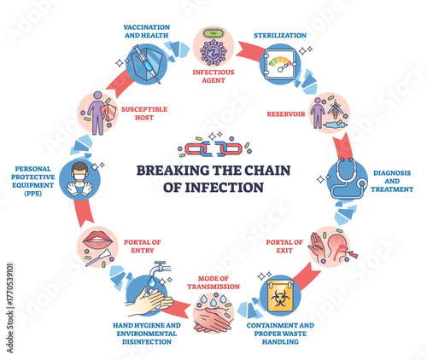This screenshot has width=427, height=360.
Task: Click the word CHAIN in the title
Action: [x=264, y=169]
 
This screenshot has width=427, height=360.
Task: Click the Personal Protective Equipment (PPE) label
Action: [x=32, y=180]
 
